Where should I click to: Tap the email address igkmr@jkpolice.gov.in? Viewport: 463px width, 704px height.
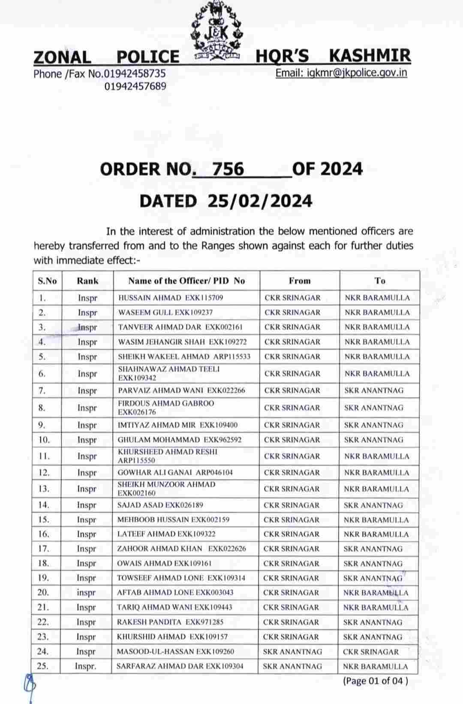(341, 73)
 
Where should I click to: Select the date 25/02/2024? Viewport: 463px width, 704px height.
(260, 201)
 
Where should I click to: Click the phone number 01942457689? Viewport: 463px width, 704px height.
(135, 86)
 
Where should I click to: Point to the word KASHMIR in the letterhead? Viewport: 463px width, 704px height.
(370, 56)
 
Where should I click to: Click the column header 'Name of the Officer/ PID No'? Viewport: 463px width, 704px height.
(186, 281)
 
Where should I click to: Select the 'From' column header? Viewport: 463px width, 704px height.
(299, 281)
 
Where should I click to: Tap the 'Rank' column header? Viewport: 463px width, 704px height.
(87, 281)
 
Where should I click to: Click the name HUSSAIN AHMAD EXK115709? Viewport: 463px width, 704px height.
(171, 298)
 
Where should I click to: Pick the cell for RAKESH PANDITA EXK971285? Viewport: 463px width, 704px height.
(170, 622)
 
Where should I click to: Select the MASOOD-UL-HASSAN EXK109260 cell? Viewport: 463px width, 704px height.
(175, 651)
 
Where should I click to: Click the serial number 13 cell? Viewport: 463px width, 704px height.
(44, 489)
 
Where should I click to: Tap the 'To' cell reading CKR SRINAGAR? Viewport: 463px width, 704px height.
(370, 652)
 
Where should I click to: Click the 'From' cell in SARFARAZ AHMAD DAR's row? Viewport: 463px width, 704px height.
(292, 666)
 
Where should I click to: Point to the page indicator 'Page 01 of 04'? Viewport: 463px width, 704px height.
(375, 681)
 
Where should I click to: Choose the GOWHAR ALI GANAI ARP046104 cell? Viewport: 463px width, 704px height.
(175, 472)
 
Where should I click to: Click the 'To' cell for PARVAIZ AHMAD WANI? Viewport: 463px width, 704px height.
(373, 390)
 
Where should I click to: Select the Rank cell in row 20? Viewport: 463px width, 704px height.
(86, 593)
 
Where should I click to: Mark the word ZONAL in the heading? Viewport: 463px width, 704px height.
(62, 57)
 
